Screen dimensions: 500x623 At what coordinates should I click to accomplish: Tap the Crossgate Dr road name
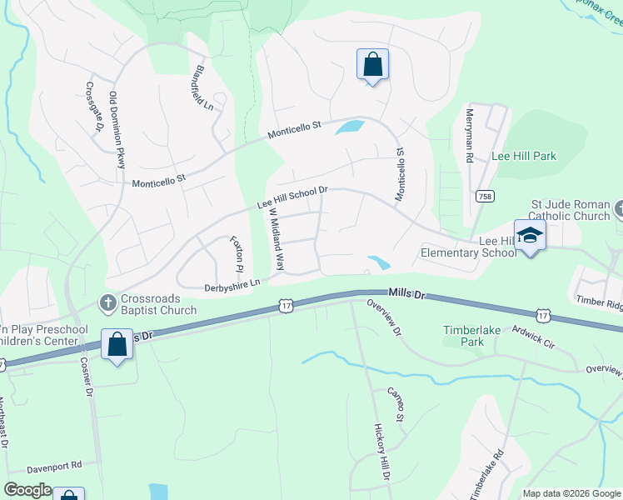click(94, 107)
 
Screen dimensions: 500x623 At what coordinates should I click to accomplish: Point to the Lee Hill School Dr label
click(292, 197)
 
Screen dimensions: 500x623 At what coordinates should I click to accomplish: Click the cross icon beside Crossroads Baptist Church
click(107, 303)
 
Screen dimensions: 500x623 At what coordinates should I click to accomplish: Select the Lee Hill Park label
click(524, 156)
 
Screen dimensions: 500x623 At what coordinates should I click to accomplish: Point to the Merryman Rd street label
click(470, 135)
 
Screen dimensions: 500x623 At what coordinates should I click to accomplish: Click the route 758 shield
click(483, 196)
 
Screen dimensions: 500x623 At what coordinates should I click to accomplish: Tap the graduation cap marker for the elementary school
click(529, 235)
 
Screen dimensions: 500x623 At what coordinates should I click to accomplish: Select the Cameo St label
click(395, 404)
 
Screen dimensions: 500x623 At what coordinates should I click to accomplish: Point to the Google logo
click(29, 490)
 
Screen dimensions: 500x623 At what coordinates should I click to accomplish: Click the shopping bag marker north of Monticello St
click(371, 63)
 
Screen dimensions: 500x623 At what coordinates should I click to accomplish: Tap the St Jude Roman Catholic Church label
click(571, 211)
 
